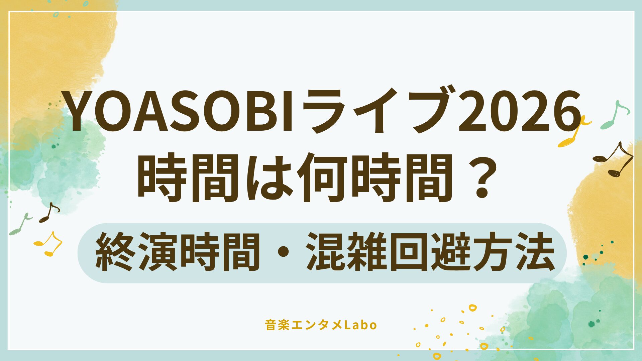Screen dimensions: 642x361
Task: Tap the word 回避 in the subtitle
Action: tap(431, 252)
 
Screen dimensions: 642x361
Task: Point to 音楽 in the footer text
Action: tap(277, 325)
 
